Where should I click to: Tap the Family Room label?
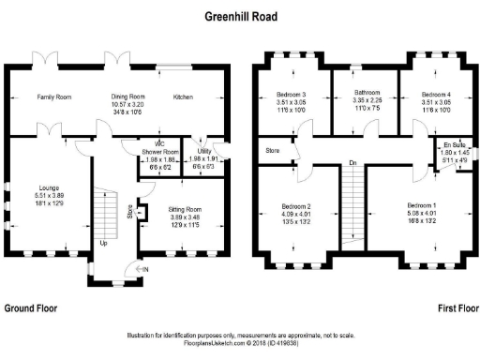(x=54, y=97)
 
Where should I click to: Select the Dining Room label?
(x=128, y=97)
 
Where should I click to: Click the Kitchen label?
(x=184, y=97)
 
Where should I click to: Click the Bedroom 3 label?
(x=292, y=94)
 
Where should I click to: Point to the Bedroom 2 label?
(x=295, y=205)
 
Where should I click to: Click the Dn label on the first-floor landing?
(x=352, y=163)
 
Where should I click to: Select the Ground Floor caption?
(x=33, y=307)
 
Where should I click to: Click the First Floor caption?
(x=457, y=307)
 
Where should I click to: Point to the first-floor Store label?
(x=273, y=147)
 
